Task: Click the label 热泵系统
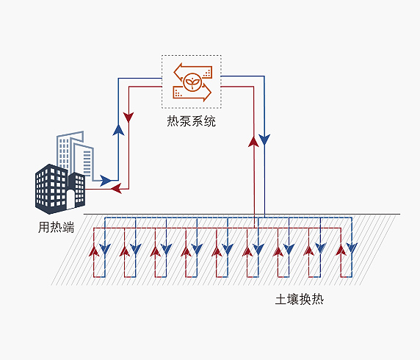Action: pyautogui.click(x=191, y=121)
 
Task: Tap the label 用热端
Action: pyautogui.click(x=56, y=227)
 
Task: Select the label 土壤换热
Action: pyautogui.click(x=300, y=299)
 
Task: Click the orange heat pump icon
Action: pyautogui.click(x=192, y=82)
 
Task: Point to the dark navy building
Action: pyautogui.click(x=60, y=189)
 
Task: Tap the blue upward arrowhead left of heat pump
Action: pyautogui.click(x=118, y=130)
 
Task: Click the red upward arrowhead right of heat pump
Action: pyautogui.click(x=253, y=142)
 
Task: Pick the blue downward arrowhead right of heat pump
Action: pyautogui.click(x=264, y=140)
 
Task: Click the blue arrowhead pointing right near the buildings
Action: pyautogui.click(x=105, y=181)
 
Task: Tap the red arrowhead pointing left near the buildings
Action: pyautogui.click(x=116, y=188)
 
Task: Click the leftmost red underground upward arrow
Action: pyautogui.click(x=94, y=251)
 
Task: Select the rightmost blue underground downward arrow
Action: pyautogui.click(x=352, y=248)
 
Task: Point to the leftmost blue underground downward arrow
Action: pyautogui.click(x=105, y=249)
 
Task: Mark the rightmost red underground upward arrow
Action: pyautogui.click(x=341, y=251)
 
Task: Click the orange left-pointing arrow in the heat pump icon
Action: pyautogui.click(x=192, y=71)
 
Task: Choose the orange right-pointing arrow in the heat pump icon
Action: pyautogui.click(x=192, y=93)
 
